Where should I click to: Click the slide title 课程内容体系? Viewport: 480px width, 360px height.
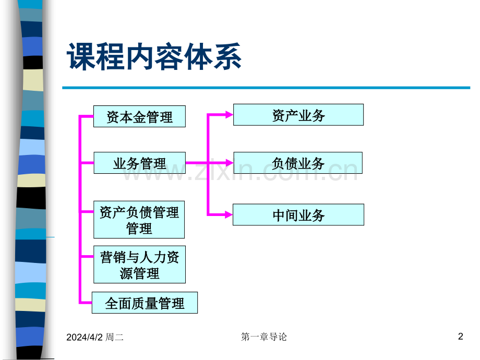[x=154, y=56]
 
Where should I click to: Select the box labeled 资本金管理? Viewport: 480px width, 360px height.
[x=140, y=116]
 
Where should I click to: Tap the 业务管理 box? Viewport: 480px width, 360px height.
[x=140, y=163]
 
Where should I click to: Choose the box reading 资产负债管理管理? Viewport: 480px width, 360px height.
[x=139, y=220]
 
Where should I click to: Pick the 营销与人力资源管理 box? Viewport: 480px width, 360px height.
[x=140, y=265]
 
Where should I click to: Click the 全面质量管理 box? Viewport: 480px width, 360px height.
[x=145, y=303]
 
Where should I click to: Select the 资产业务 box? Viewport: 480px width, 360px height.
[x=298, y=115]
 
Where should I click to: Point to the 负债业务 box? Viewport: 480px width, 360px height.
[x=298, y=163]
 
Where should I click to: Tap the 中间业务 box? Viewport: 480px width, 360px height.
[x=298, y=214]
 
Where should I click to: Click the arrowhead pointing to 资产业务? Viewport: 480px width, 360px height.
[x=229, y=115]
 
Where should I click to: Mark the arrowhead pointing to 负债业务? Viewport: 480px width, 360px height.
[x=229, y=163]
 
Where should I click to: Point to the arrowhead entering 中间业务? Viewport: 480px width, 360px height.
[x=229, y=214]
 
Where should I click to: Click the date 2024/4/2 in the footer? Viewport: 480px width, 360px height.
[x=85, y=338]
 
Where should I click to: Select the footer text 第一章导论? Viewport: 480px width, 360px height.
[x=264, y=337]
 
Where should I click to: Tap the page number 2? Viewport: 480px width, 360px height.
[x=460, y=337]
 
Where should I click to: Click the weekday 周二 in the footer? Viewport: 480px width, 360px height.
[x=114, y=338]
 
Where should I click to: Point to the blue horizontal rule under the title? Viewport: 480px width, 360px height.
[x=266, y=88]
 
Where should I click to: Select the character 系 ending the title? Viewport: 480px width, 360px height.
[x=227, y=56]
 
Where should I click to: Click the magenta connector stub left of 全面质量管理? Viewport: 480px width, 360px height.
[x=86, y=303]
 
